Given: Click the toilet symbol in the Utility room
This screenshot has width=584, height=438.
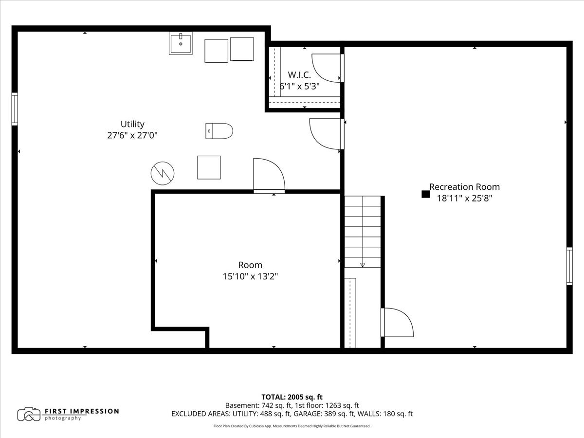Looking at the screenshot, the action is click(219, 131).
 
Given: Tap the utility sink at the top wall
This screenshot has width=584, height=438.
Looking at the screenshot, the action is click(181, 43).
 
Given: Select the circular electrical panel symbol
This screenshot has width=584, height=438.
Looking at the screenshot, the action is click(163, 173).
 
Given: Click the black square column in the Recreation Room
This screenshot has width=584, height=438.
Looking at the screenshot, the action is click(426, 194).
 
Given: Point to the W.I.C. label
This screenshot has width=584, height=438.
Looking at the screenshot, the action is click(299, 75).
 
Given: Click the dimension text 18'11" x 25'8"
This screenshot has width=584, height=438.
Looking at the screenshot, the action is click(465, 199).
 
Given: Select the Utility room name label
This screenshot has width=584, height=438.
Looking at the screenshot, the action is click(132, 124).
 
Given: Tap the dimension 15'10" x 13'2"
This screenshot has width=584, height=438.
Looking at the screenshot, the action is click(250, 276).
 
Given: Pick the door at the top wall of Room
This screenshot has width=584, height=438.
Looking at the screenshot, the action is click(269, 176).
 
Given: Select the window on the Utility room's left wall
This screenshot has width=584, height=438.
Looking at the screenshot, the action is click(15, 109).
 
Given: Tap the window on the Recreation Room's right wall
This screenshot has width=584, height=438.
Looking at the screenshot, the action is click(569, 266).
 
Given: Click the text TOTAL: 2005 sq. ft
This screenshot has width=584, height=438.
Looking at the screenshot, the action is click(292, 397).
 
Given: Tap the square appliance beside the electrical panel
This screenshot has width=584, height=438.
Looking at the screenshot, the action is click(209, 167).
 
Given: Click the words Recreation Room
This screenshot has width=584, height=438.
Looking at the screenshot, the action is click(465, 187).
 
